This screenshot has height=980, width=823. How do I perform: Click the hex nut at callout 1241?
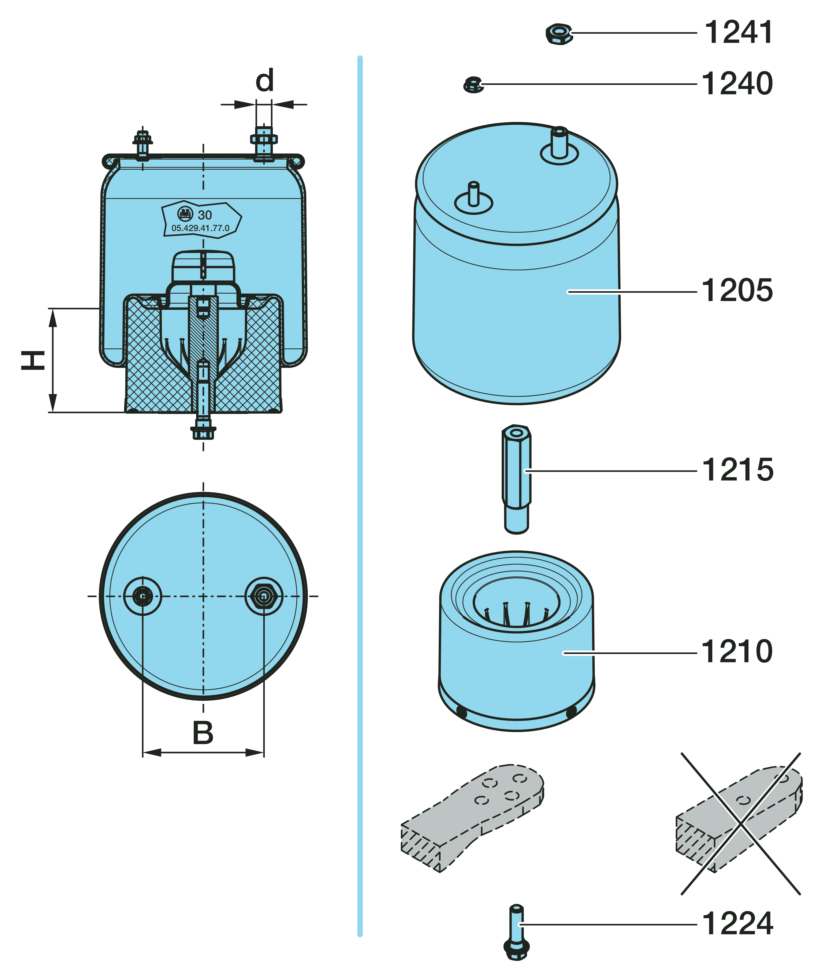[x=559, y=34]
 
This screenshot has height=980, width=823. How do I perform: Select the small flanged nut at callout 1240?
[x=473, y=85]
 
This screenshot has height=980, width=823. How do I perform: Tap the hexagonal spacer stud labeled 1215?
[x=517, y=479]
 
